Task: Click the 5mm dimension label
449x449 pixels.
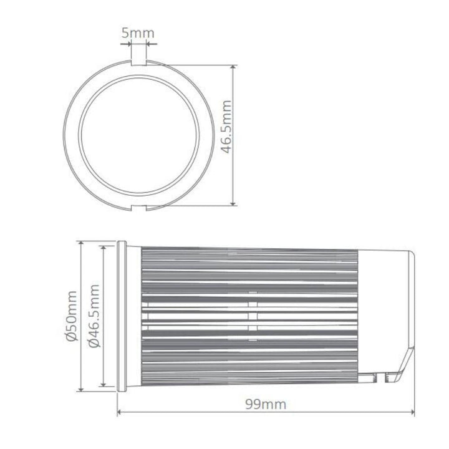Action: [138, 33]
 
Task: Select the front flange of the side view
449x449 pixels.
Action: [122, 316]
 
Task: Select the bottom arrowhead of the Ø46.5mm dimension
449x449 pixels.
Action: [103, 383]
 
